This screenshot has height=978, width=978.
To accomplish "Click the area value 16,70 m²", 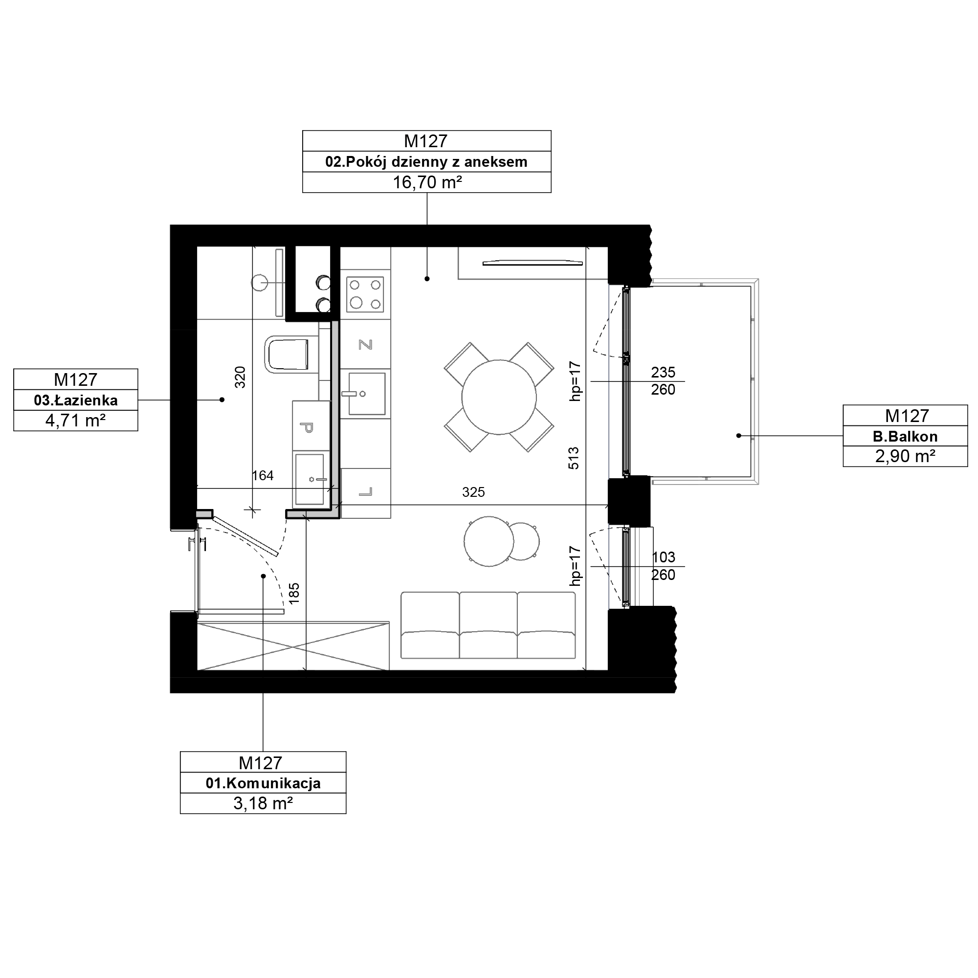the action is tap(427, 182).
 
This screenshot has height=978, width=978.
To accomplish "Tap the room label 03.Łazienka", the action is tap(75, 400).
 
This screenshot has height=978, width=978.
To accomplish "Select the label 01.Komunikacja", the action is tap(263, 783).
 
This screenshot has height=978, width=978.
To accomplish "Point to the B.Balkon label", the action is tap(905, 436).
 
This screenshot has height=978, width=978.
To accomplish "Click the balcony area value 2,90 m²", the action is tap(905, 456).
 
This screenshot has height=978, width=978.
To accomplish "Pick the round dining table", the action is tap(499, 398).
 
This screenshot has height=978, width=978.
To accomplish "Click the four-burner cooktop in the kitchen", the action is tap(365, 294).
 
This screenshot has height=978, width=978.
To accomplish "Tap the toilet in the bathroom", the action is tap(287, 355).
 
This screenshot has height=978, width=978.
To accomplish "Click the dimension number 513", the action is tap(574, 458).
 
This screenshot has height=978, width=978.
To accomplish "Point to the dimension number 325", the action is tap(473, 492).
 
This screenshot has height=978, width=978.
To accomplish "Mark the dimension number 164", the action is tap(263, 475).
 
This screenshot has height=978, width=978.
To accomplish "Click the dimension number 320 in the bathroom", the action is tap(241, 377).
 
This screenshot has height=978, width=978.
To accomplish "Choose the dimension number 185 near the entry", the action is tap(294, 593).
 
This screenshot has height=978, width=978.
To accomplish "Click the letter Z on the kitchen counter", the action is tap(365, 345).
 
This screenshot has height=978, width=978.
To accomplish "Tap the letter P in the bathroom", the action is tap(307, 428).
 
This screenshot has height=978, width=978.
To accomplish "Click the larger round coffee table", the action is tap(489, 542).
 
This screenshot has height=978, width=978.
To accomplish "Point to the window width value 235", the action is tap(663, 373).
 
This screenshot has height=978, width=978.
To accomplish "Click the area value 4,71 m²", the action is tap(75, 421).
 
